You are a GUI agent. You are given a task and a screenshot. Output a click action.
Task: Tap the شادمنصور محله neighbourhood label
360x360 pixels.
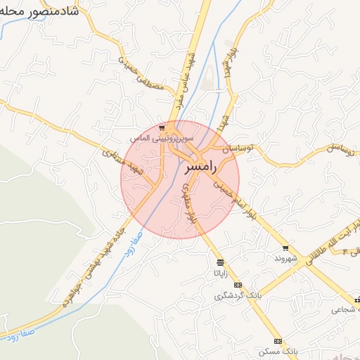pyautogui.click(x=39, y=11)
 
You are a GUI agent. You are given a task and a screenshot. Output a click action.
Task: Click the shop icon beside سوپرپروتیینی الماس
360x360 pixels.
pyautogui.click(x=162, y=128)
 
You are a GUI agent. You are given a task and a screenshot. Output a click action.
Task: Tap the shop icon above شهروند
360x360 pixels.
pyautogui.click(x=285, y=247)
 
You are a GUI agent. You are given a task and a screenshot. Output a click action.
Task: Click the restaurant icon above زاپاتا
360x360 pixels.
pyautogui.click(x=220, y=262)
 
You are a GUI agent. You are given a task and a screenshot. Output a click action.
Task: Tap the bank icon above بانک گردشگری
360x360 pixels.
pyautogui.click(x=238, y=285)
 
